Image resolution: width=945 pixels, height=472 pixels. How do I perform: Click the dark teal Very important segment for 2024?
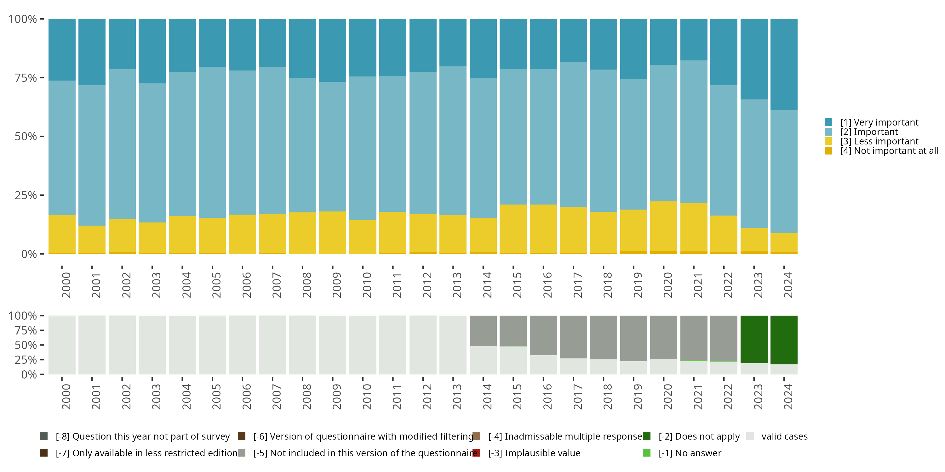(x=784, y=64)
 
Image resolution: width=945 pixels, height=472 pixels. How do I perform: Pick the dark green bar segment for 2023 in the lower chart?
(x=754, y=339)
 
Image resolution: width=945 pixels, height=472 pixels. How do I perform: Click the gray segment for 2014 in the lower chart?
(x=483, y=330)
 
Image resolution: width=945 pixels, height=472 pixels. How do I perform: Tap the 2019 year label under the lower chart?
(x=638, y=396)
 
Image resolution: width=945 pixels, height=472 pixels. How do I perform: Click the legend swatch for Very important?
(x=828, y=122)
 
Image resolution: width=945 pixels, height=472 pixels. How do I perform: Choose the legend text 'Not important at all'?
(x=895, y=151)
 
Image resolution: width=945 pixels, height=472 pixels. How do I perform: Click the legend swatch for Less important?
(x=828, y=142)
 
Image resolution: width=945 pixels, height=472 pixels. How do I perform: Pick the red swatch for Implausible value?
(x=476, y=453)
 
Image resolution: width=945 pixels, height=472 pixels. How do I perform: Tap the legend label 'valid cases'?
(x=784, y=436)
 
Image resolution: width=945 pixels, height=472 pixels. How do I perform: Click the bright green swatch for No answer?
(x=647, y=453)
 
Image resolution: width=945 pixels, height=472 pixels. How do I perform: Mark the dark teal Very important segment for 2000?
(x=62, y=49)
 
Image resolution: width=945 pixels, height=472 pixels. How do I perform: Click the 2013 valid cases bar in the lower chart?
(x=453, y=345)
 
